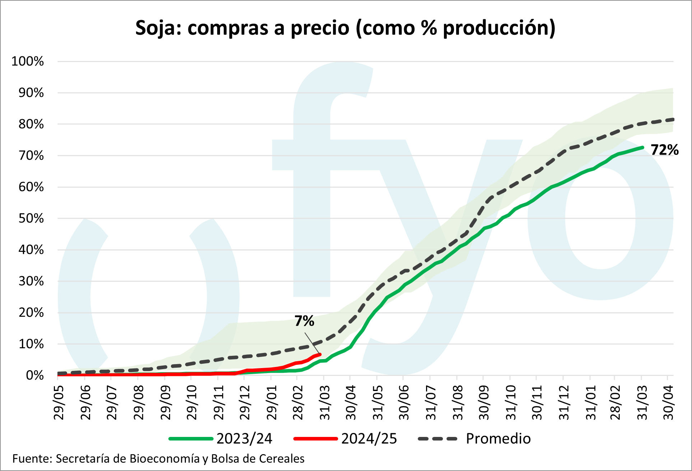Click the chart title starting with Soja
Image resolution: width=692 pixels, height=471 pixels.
click(x=345, y=28)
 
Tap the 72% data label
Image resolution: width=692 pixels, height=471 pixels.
click(x=664, y=150)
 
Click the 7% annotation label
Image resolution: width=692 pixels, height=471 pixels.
click(x=304, y=321)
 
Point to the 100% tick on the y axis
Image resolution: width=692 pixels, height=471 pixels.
click(x=28, y=61)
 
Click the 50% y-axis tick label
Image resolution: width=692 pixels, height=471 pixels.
click(x=31, y=218)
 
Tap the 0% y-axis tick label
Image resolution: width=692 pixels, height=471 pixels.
click(x=35, y=376)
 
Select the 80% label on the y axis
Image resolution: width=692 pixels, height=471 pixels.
click(x=31, y=124)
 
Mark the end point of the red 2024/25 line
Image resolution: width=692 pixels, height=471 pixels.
click(x=320, y=354)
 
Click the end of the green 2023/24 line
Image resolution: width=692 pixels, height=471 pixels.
click(x=642, y=147)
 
